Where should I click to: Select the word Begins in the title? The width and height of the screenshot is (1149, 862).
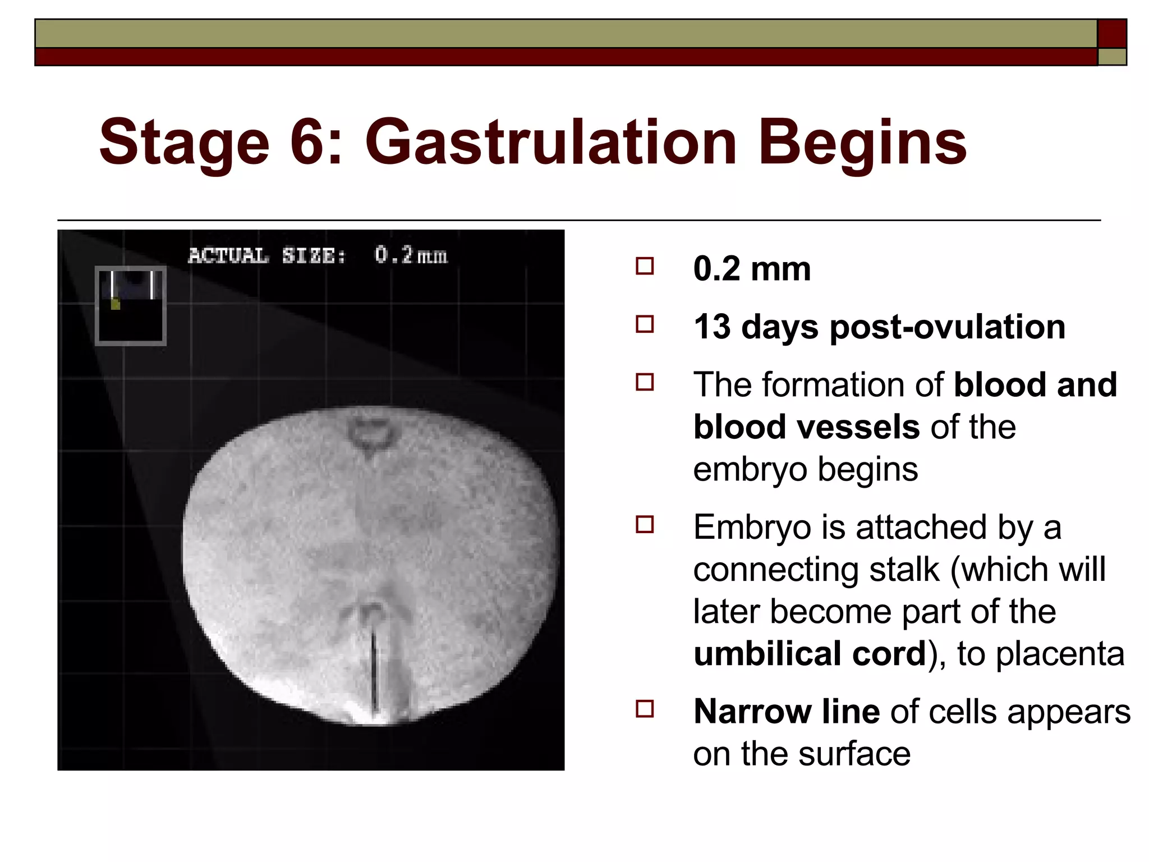click(x=862, y=143)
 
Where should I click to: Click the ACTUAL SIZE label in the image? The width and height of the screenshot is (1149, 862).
click(x=266, y=256)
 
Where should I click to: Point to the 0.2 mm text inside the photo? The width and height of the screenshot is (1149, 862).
click(x=411, y=255)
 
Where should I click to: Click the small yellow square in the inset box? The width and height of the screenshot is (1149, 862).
click(x=116, y=304)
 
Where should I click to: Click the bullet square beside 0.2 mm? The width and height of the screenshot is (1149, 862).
click(x=645, y=266)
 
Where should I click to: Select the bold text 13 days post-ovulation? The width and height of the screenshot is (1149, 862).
click(x=879, y=327)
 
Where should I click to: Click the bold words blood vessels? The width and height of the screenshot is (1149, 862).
click(x=806, y=427)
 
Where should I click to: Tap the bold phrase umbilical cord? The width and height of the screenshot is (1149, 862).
click(x=810, y=654)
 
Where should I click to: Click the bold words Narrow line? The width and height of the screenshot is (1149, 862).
click(x=786, y=712)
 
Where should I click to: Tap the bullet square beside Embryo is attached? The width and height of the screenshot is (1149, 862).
click(x=645, y=525)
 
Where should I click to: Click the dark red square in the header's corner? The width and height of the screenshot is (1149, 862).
click(x=1112, y=34)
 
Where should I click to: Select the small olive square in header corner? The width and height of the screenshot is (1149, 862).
click(x=1112, y=57)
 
